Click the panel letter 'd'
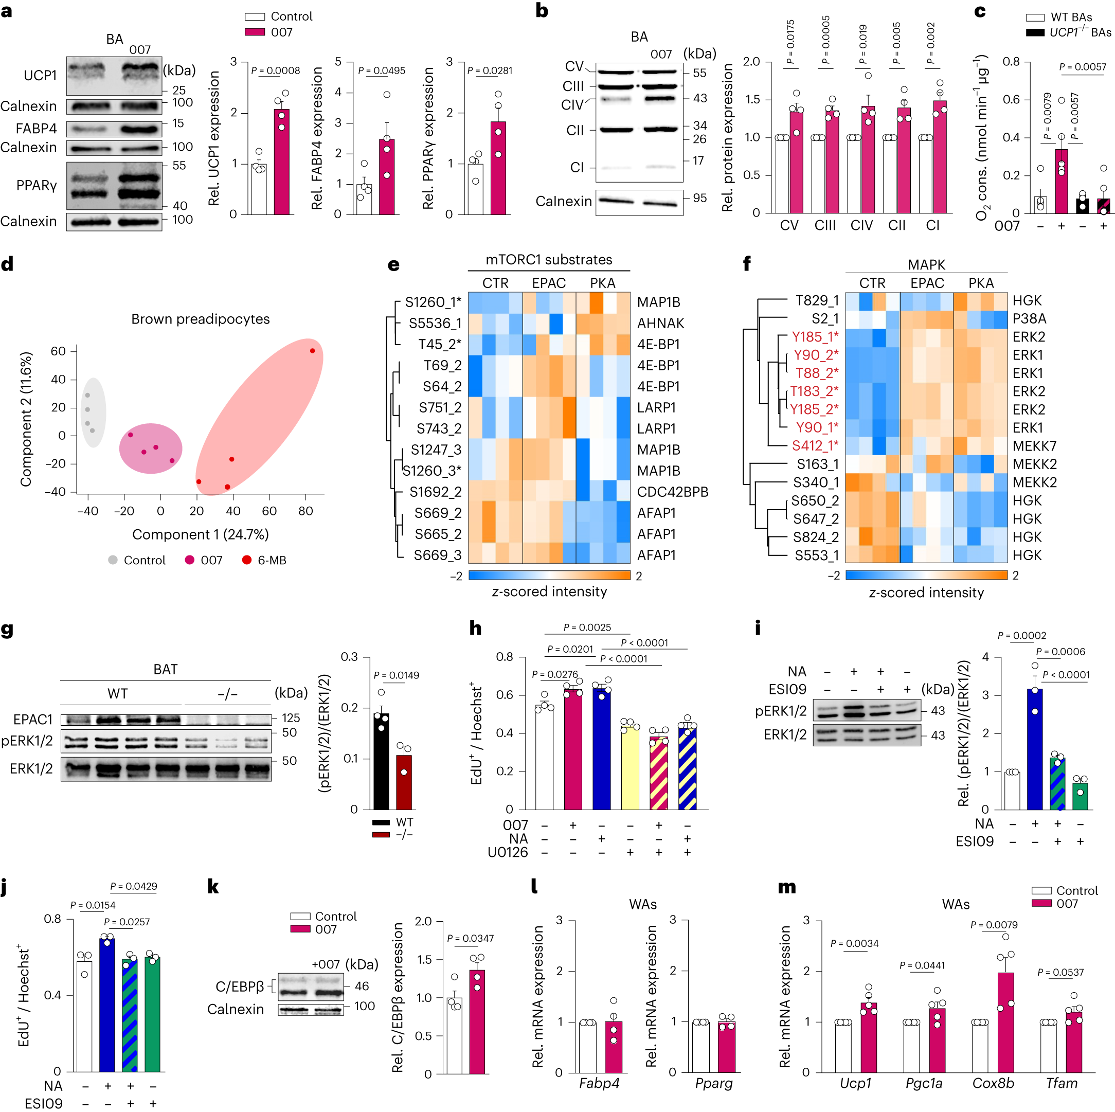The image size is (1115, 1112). [8, 264]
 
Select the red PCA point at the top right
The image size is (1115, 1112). [312, 351]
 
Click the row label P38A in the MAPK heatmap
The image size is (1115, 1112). [1029, 318]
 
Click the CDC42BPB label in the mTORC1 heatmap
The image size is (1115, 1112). [672, 492]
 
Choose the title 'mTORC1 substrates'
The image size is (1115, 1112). [548, 260]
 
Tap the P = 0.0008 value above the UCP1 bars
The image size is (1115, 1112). [275, 70]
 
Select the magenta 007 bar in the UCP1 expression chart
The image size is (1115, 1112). [282, 162]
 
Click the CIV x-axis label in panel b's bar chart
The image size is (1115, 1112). [861, 226]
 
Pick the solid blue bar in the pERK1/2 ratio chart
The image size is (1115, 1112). [1035, 748]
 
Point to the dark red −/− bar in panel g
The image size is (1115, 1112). [404, 781]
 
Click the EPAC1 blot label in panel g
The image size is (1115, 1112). [33, 719]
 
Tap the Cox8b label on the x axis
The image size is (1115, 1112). [993, 1083]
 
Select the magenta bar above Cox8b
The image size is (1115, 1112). [1005, 1021]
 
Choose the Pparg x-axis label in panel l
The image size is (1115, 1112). [713, 1083]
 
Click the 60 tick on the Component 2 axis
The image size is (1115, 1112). [58, 351]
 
